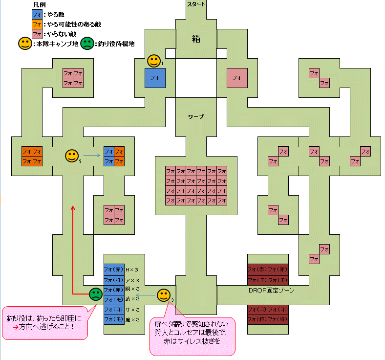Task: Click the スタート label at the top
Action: (196, 4)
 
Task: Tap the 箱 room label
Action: (196, 40)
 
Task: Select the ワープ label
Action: (196, 117)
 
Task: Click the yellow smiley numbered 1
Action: (154, 61)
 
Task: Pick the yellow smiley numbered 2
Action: (72, 156)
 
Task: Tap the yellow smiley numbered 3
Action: (164, 295)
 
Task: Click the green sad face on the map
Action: (95, 294)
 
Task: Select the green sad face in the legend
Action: (87, 44)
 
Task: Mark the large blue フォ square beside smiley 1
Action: (155, 78)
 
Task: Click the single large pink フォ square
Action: (237, 78)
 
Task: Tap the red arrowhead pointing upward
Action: (73, 207)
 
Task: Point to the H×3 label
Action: (132, 270)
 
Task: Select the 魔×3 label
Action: (132, 320)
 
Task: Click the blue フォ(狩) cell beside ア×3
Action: (114, 280)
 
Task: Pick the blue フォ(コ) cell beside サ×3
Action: (114, 310)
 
